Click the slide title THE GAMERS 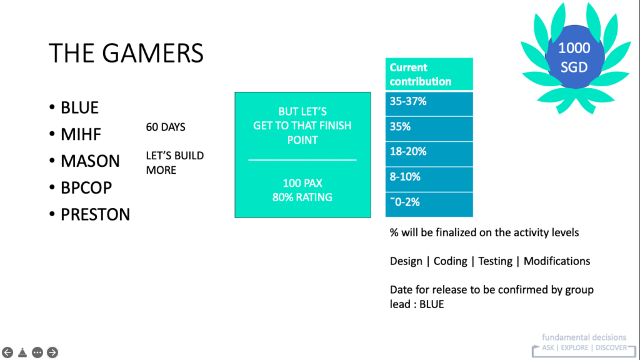pyautogui.click(x=126, y=53)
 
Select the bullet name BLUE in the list pyautogui.click(x=79, y=107)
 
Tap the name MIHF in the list pyautogui.click(x=81, y=134)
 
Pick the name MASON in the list pyautogui.click(x=90, y=161)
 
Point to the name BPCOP pyautogui.click(x=86, y=187)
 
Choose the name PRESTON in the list pyautogui.click(x=96, y=215)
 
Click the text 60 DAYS pyautogui.click(x=166, y=127)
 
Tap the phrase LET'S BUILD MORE pyautogui.click(x=175, y=163)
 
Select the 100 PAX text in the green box pyautogui.click(x=302, y=183)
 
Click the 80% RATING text pyautogui.click(x=302, y=197)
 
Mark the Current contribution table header pyautogui.click(x=429, y=74)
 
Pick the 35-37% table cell pyautogui.click(x=429, y=104)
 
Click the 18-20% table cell pyautogui.click(x=429, y=154)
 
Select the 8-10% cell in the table pyautogui.click(x=429, y=179)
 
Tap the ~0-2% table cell pyautogui.click(x=429, y=204)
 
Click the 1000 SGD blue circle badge pyautogui.click(x=574, y=57)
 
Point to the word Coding pyautogui.click(x=450, y=261)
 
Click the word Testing pyautogui.click(x=495, y=261)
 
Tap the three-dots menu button pyautogui.click(x=37, y=352)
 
